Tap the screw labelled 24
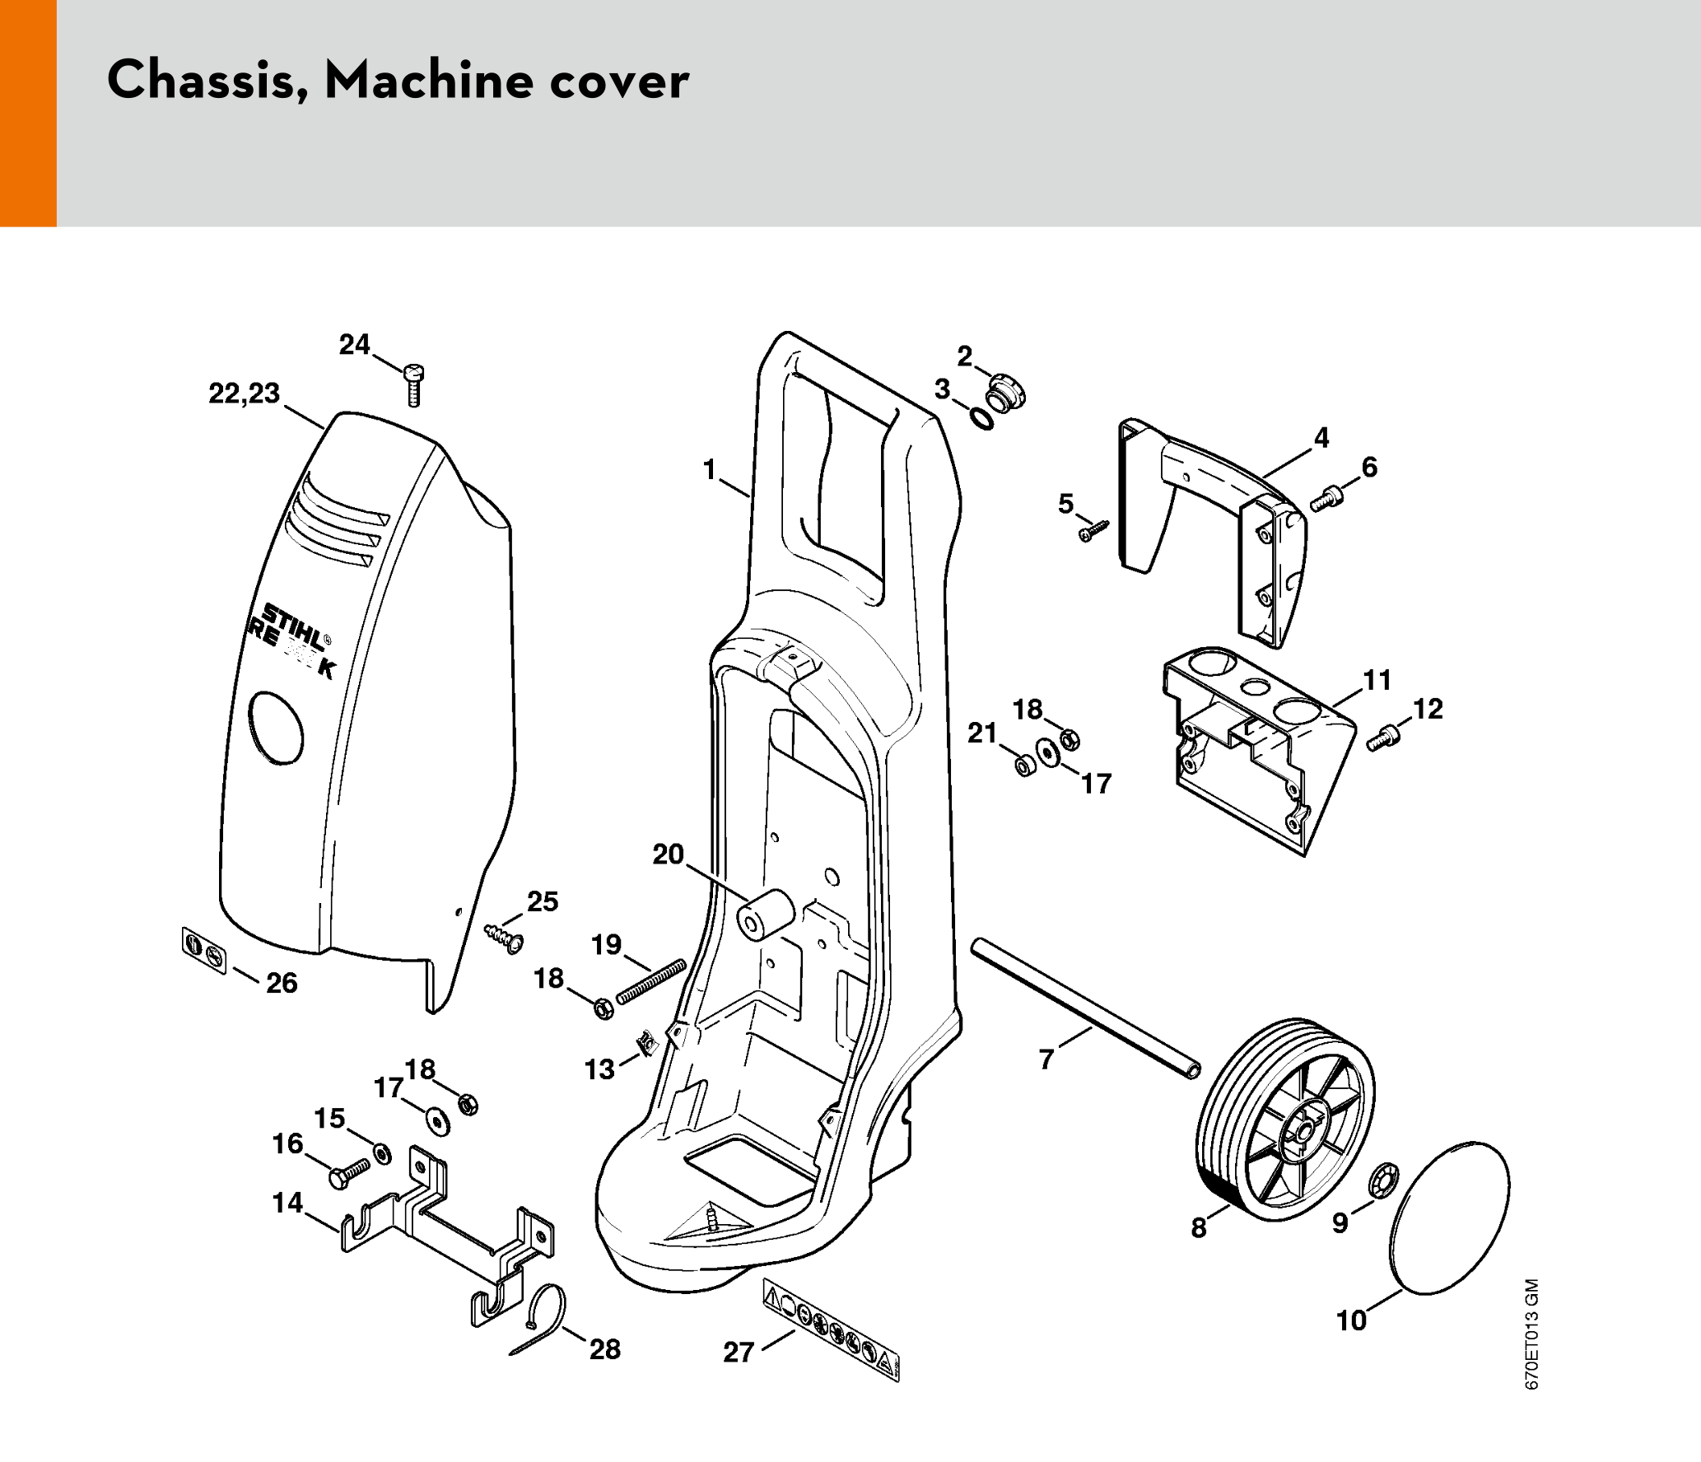pyautogui.click(x=415, y=384)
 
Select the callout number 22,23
pyautogui.click(x=244, y=393)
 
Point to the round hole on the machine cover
pyautogui.click(x=277, y=728)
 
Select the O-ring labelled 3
pyautogui.click(x=981, y=418)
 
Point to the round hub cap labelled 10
pyautogui.click(x=1449, y=1218)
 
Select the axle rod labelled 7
pyautogui.click(x=1085, y=1008)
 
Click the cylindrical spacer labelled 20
pyautogui.click(x=765, y=914)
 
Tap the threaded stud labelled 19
pyautogui.click(x=651, y=981)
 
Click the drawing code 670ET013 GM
pyautogui.click(x=1531, y=1334)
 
